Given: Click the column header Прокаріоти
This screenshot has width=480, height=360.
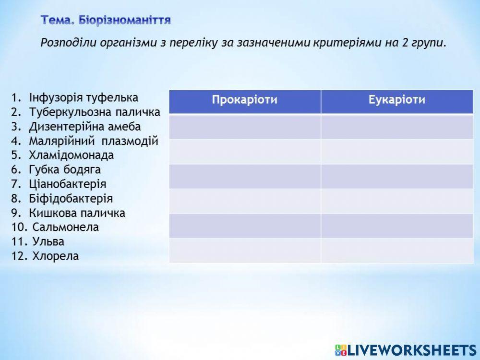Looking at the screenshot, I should click(245, 100).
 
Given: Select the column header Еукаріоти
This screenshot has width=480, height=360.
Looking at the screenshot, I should click(397, 100).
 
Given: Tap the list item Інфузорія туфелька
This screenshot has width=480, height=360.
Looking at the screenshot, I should click(84, 98).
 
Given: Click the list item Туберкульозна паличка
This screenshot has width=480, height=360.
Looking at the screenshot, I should click(94, 112).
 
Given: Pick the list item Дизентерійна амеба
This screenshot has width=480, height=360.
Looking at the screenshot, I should click(85, 127).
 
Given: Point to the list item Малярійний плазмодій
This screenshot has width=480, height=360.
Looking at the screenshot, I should click(93, 141).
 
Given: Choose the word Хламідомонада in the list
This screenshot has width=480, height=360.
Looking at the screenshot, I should click(71, 156).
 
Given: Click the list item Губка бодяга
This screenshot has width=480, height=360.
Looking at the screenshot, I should click(65, 170).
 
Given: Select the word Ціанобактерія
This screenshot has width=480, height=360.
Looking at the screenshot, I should click(68, 184).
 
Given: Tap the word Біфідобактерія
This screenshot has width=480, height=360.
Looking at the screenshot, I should click(71, 199).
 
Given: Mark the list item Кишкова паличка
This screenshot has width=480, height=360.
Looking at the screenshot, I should click(77, 213).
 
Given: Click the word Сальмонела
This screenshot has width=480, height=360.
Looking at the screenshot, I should click(66, 228).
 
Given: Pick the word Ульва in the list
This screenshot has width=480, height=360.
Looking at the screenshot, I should click(48, 242).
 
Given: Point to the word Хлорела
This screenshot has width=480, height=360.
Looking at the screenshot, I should click(55, 256).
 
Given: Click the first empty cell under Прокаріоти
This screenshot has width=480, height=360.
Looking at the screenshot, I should click(245, 127).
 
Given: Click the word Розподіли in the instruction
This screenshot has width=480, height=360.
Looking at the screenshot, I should click(68, 42).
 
